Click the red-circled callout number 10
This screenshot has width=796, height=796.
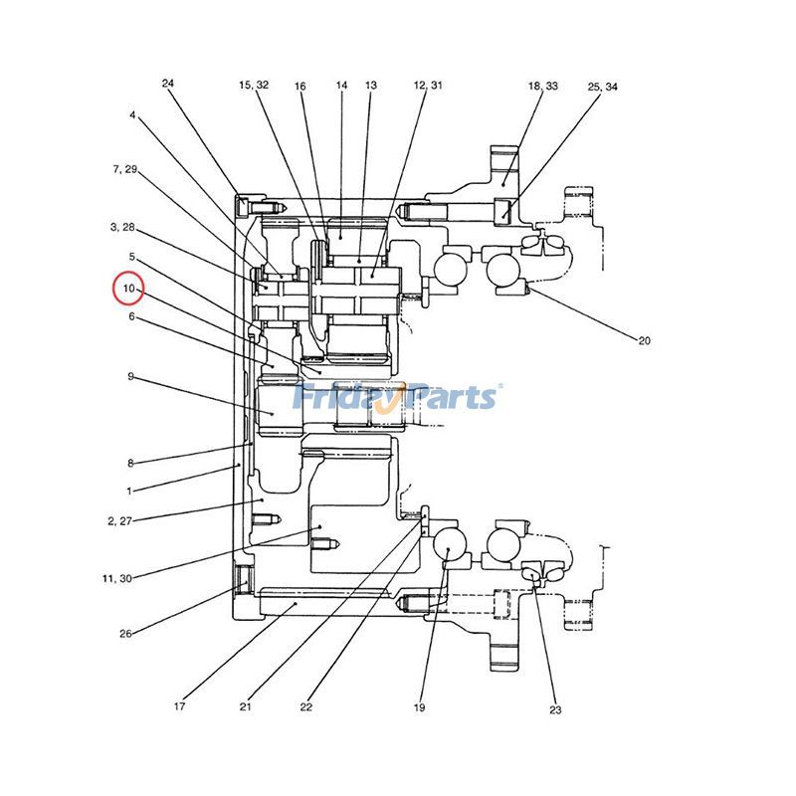[128, 289]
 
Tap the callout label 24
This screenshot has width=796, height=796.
[167, 84]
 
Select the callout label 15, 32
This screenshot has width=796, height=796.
[254, 86]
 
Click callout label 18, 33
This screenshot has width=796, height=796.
[542, 87]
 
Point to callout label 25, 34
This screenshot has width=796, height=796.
[602, 88]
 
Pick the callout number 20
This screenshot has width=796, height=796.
[644, 340]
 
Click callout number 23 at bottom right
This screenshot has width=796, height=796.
[554, 709]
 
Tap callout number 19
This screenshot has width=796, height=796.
[419, 707]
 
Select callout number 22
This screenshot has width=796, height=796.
[305, 707]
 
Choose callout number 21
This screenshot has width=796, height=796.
[245, 707]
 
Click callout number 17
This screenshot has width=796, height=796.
[179, 707]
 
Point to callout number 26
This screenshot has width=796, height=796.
[125, 634]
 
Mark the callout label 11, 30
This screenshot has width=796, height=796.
[115, 578]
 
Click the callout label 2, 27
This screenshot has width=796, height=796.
[119, 520]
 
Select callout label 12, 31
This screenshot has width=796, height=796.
[428, 86]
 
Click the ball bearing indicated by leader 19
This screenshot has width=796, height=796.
[449, 545]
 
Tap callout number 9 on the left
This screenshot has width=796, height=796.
[130, 377]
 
